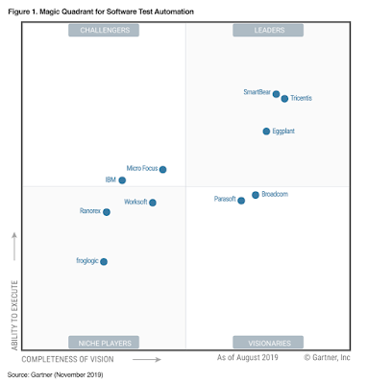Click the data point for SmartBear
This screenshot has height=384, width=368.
click(277, 94)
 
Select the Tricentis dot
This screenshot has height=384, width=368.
click(285, 99)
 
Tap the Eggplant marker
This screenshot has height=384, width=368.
click(267, 131)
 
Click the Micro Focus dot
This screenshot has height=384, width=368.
click(163, 169)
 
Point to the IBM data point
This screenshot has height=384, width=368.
click(122, 180)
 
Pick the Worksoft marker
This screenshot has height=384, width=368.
click(153, 203)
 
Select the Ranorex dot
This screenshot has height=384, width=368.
click(107, 211)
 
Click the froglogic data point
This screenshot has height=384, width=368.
click(104, 261)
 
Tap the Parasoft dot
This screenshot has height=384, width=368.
click(241, 201)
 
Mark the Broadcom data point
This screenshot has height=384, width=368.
click(256, 195)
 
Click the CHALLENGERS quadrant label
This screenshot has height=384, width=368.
click(104, 31)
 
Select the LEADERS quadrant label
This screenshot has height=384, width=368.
click(268, 31)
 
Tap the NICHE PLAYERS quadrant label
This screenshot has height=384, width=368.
click(104, 342)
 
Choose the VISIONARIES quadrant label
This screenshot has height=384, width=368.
click(268, 342)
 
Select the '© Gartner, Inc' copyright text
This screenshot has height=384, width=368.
click(328, 359)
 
